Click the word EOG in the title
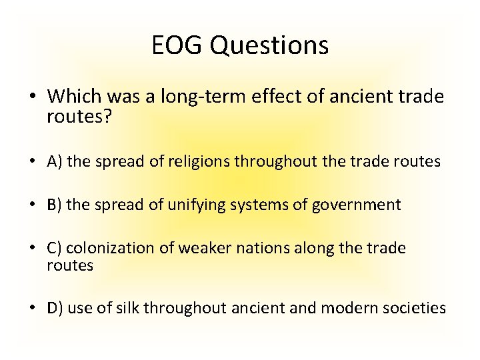click(175, 46)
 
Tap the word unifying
click(197, 205)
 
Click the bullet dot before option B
click(33, 205)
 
